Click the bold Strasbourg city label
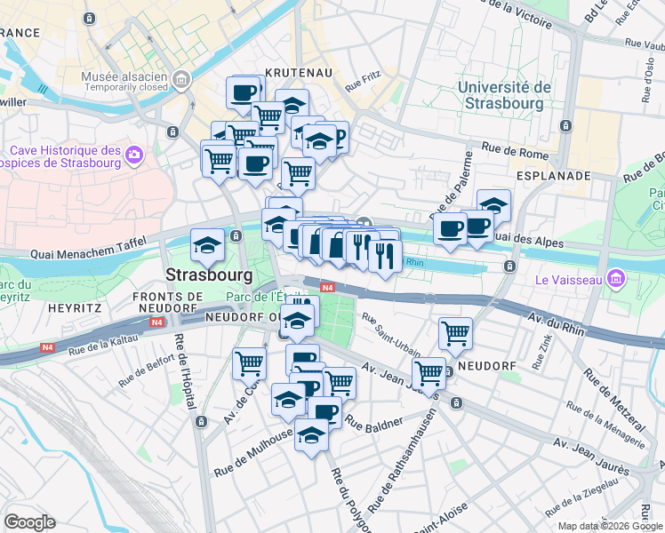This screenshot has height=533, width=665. [207, 274]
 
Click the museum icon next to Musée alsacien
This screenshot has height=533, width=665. [182, 81]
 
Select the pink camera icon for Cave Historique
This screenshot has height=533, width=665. [134, 155]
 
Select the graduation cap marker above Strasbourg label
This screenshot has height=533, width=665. [207, 244]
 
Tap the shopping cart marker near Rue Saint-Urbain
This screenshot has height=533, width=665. [456, 333]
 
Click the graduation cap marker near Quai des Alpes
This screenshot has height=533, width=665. [493, 205]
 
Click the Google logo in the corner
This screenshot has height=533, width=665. [29, 521]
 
